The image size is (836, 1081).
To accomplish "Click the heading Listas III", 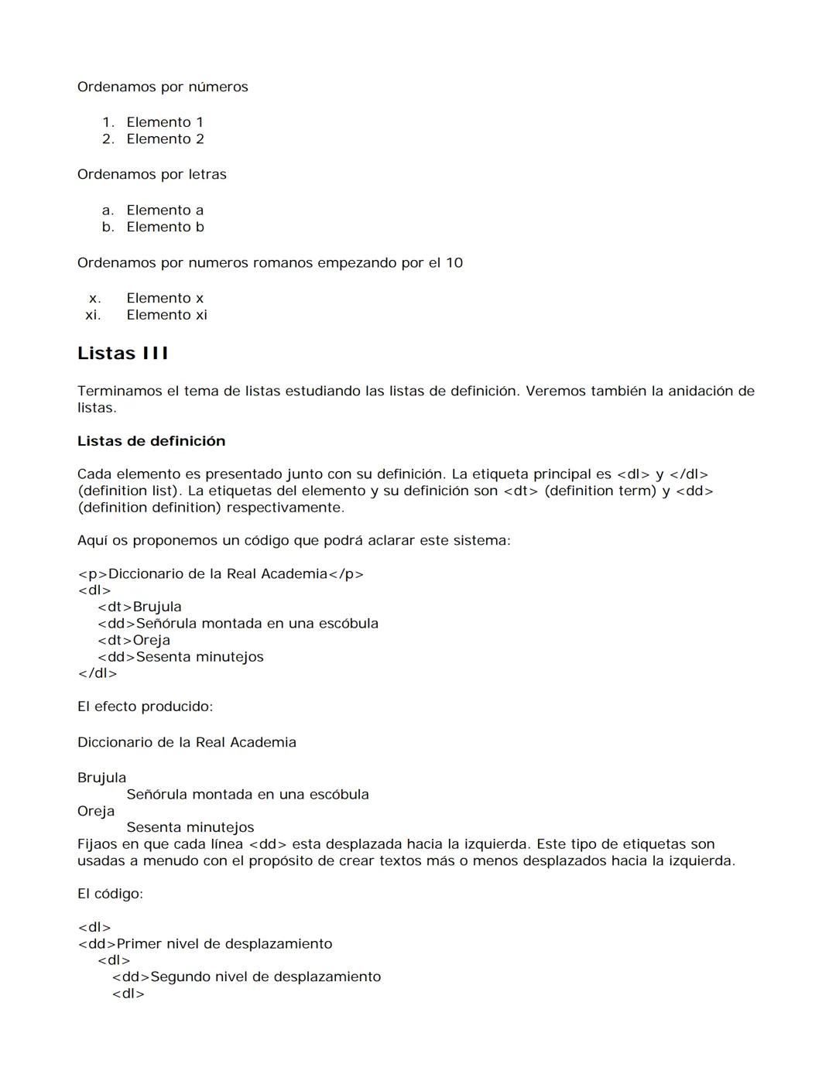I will coord(122,354).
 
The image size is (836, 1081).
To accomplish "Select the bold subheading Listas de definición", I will coord(151,441).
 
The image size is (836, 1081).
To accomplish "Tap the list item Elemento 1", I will coord(165,122).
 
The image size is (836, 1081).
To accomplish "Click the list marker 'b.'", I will coord(108,227).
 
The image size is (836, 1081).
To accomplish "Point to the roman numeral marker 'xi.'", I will coord(93,315).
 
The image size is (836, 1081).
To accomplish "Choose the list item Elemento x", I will coord(165,298).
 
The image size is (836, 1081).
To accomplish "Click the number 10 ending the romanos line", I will coord(454,263).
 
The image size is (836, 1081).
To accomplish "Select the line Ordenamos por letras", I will coord(152,175).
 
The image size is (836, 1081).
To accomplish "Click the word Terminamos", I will coord(119,392).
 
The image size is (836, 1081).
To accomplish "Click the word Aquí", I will coord(92,541).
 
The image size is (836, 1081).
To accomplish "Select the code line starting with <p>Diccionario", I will coord(221,574).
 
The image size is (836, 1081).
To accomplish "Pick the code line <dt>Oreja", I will coord(134,641).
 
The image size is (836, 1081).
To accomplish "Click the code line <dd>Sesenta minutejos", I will coord(180,657).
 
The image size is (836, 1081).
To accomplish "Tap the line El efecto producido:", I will coord(145,706).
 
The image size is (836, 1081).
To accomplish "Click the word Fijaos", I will coord(97,844).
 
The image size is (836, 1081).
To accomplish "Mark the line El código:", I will coord(110,894).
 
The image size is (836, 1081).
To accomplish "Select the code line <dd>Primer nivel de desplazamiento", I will coord(205,944).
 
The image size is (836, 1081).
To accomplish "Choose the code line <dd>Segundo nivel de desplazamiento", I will coord(246,977).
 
